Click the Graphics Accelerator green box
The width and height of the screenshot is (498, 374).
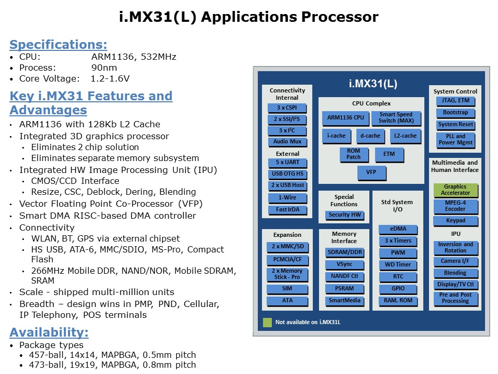coord(455,190)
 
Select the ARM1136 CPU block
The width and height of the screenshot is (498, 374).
coord(345,118)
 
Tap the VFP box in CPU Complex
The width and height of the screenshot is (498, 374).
coord(371,172)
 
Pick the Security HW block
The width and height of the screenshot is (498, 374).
coord(344,215)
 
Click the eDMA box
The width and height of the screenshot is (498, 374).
coord(398,229)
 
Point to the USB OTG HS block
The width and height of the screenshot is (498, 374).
coord(287,173)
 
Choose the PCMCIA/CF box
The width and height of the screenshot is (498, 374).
coord(287,259)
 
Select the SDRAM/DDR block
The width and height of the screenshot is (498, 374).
coord(344,252)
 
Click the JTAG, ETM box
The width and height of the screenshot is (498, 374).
coord(455,101)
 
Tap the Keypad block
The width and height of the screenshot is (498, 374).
coord(455,221)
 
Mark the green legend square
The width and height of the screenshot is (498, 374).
coord(267,322)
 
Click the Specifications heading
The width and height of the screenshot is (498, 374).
coord(59,44)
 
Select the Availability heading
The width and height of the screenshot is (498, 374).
coord(49,332)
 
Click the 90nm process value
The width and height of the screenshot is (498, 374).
coord(104,68)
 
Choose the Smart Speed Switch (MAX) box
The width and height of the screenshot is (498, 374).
coord(396,118)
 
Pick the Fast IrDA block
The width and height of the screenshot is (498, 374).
coord(287,210)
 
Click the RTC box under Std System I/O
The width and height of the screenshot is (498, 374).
coord(398,276)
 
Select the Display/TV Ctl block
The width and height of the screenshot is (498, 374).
coord(455,284)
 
